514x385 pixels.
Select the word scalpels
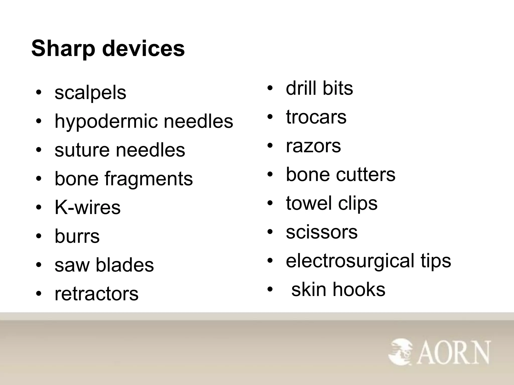point(90,93)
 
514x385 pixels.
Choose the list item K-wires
point(88,208)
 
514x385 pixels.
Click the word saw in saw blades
point(72,265)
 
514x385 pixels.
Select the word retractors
point(96,294)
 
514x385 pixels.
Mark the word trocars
point(316,117)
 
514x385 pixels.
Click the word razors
point(313,146)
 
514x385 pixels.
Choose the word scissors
point(322,232)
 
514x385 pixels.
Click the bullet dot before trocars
point(270,117)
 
